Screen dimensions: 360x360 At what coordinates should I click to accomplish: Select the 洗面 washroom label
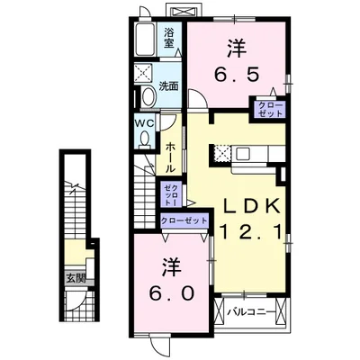pos(169,87)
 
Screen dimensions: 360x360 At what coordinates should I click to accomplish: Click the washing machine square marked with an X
pos(143,74)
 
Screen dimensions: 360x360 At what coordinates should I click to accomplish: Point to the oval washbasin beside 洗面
pos(144,97)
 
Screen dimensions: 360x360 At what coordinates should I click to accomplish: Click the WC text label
pos(145,121)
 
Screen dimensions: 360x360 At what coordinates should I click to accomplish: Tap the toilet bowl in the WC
pos(145,138)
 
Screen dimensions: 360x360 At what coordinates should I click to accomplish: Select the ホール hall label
pos(171,155)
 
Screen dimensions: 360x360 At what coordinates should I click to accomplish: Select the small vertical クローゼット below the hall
pos(172,193)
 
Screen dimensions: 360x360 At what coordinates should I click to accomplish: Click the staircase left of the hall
pos(145,191)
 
